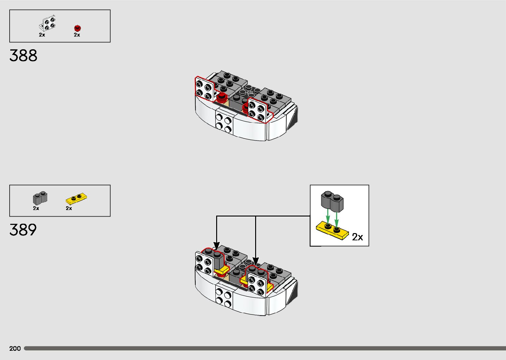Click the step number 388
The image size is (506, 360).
23,56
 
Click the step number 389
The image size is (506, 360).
23,230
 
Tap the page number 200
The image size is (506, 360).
15,348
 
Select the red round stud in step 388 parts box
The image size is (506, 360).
77,28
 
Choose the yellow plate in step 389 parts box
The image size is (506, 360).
77,198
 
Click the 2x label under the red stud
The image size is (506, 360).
77,35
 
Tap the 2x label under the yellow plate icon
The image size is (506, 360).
69,208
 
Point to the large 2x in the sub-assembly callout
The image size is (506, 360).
357,237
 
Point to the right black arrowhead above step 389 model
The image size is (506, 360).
255,261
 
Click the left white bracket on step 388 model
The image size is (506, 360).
204,89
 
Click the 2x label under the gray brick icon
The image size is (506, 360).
36,208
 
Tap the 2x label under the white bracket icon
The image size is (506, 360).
42,35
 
